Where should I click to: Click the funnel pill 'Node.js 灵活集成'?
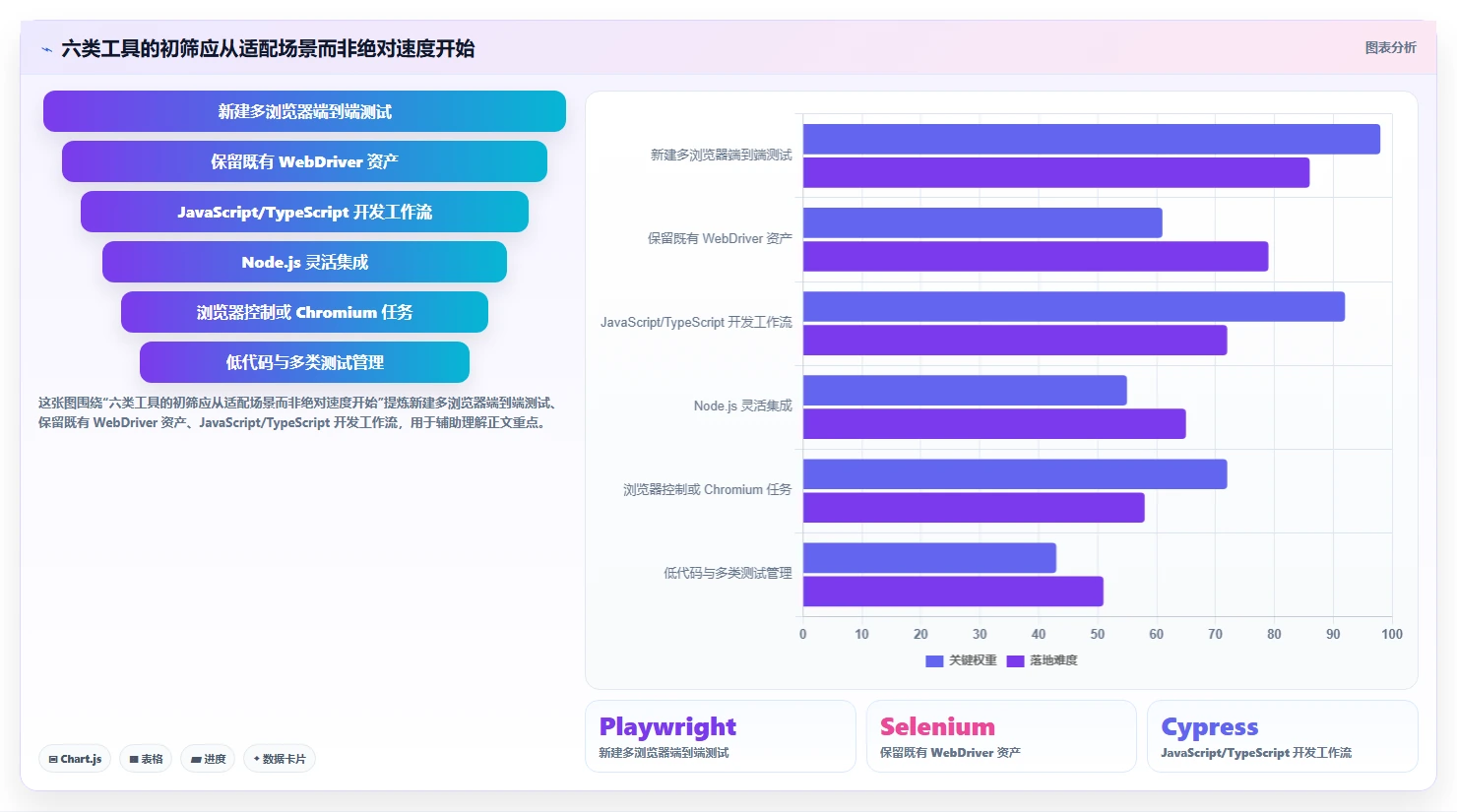coord(304,262)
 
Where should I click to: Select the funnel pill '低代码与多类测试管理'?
coord(304,362)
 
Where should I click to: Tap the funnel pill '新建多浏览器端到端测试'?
coord(304,111)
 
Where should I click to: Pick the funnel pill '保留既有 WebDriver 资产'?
coord(304,161)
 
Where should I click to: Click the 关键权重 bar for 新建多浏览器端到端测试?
coord(1092,139)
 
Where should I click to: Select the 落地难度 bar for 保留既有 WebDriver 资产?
coord(1036,256)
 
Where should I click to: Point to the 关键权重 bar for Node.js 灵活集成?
coord(965,390)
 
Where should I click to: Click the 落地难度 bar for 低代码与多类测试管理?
coord(953,591)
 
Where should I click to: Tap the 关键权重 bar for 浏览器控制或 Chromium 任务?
coord(1015,474)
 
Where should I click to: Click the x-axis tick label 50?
coord(1098,634)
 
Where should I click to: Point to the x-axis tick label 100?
coord(1392,634)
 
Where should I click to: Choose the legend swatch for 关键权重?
coord(934,661)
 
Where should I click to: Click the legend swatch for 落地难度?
coord(1015,661)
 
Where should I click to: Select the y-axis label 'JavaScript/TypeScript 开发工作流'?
coord(696,323)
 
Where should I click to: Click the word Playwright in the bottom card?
coord(667,726)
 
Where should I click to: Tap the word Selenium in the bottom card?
coord(937,726)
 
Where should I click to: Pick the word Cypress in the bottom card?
coord(1209,727)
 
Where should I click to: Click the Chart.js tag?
coord(75,759)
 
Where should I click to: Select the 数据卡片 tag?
coord(279,759)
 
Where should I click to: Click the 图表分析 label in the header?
coord(1390,47)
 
